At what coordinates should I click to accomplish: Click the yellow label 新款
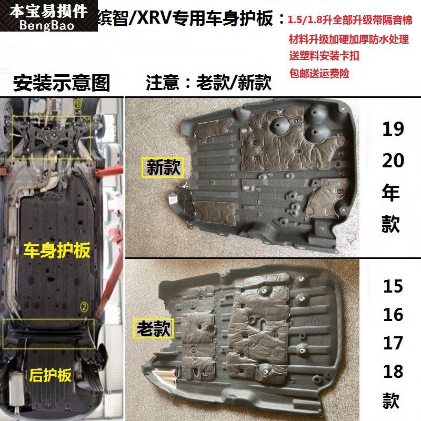click(163, 168)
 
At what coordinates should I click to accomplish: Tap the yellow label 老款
click(154, 329)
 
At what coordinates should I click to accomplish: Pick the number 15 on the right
click(393, 286)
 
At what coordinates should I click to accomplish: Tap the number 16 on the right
click(393, 315)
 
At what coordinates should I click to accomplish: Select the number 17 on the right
click(393, 344)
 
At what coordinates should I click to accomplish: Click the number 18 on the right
click(393, 372)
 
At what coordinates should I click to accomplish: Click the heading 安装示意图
click(62, 83)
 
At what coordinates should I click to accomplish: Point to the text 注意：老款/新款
click(208, 83)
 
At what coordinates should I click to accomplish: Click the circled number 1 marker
click(77, 104)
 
